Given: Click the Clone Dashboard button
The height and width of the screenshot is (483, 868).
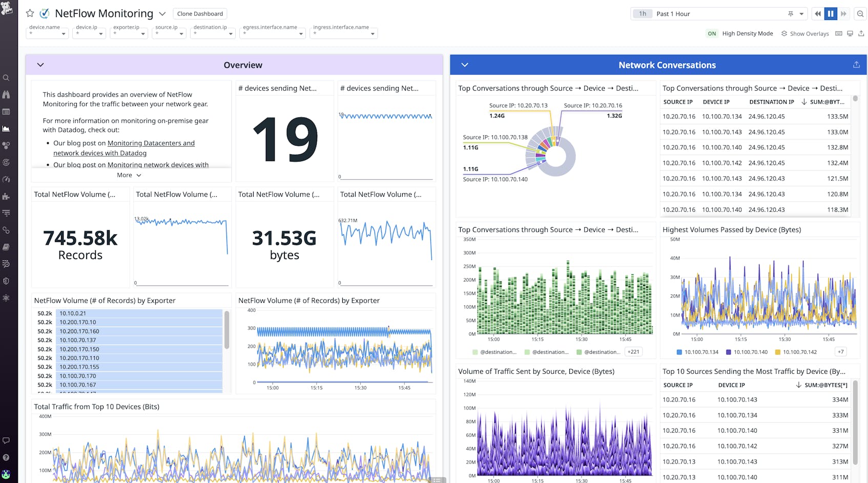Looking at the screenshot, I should (200, 14).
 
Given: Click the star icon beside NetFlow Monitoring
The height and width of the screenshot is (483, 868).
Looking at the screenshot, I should (30, 13).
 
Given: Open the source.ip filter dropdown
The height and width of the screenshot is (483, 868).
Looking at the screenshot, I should (169, 33).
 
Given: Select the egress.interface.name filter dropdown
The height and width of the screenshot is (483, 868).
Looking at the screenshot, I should (273, 33).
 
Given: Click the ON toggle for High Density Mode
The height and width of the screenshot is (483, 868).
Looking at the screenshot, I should (712, 34).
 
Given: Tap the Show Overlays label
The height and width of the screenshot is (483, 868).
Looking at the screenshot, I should (809, 34).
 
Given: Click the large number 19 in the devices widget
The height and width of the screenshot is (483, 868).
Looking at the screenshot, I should (285, 139).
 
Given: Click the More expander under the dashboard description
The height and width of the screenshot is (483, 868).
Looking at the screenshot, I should (129, 175).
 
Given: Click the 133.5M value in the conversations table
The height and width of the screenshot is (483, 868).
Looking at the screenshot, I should (837, 117).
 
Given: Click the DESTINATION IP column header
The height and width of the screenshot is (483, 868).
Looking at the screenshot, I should (771, 102).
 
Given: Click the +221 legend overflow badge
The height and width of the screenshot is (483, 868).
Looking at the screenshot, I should (633, 352).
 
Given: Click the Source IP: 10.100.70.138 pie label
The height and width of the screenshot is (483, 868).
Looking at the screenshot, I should (495, 137).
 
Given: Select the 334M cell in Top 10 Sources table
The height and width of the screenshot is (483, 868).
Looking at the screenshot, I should (840, 400).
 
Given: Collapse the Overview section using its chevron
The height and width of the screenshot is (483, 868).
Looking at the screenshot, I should (40, 65).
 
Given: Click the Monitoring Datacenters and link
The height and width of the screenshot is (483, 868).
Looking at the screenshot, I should (151, 144).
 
